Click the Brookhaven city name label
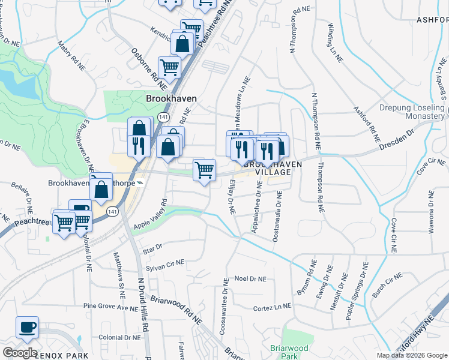[x=172, y=98]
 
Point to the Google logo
[x=19, y=353]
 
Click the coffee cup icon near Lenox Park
[x=27, y=328]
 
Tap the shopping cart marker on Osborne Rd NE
[x=169, y=68]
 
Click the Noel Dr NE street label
[x=250, y=278]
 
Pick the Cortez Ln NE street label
[x=272, y=307]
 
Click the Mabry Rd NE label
[x=70, y=55]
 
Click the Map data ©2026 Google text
[x=411, y=355]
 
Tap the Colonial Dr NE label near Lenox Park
[x=119, y=337]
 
